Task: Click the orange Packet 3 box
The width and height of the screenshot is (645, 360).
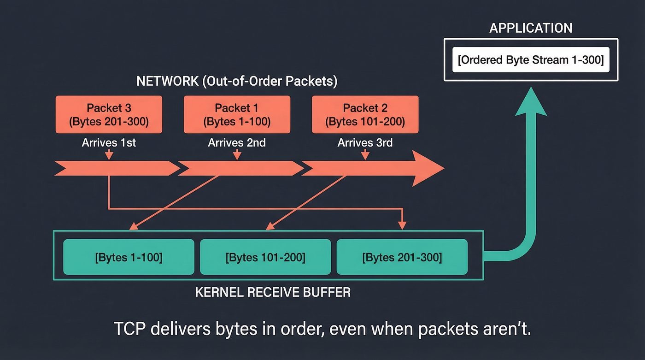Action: coord(109,114)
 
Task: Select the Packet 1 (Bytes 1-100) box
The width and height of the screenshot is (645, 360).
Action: coord(237,114)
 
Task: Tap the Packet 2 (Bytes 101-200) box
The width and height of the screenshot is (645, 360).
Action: coord(365,114)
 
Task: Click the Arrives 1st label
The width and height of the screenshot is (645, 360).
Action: coord(109,143)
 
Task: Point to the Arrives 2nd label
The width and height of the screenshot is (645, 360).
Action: coord(237,143)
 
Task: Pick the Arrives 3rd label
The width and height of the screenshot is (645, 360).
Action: coord(365,143)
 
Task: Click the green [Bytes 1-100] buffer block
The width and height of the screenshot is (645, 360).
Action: coord(129,257)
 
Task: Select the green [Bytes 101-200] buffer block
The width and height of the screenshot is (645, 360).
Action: coord(265,257)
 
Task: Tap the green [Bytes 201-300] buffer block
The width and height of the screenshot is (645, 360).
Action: coord(402,257)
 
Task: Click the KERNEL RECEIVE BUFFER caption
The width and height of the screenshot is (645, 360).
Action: coord(273,292)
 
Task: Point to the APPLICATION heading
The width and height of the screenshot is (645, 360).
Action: coord(531,28)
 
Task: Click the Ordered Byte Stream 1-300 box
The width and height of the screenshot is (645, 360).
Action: coord(531,60)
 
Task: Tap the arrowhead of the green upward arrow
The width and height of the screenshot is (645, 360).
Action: coord(530,102)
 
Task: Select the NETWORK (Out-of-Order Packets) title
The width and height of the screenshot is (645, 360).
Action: coord(237,82)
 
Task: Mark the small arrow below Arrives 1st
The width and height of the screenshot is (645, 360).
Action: coord(109,155)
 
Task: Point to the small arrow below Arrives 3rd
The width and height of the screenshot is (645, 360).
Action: coord(365,155)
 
